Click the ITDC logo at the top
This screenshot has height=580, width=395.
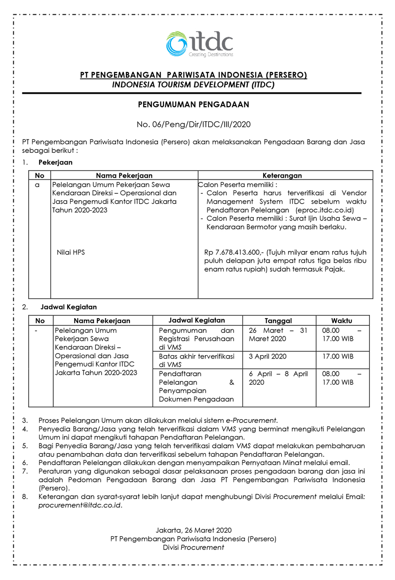199,43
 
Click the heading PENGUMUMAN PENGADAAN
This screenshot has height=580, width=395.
194,104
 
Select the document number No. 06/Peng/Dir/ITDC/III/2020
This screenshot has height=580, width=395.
194,125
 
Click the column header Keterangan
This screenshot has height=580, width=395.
282,175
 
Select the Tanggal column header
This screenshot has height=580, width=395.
278,321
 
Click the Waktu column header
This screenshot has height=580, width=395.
342,321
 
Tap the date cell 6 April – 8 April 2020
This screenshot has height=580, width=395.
278,378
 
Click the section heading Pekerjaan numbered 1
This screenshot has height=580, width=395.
55,162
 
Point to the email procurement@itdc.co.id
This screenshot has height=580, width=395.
79,506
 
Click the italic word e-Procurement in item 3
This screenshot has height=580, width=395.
251,420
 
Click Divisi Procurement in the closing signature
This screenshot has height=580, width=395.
194,547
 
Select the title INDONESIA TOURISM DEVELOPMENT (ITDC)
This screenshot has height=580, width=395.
194,84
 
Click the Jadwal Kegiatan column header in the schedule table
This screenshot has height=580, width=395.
197,321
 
